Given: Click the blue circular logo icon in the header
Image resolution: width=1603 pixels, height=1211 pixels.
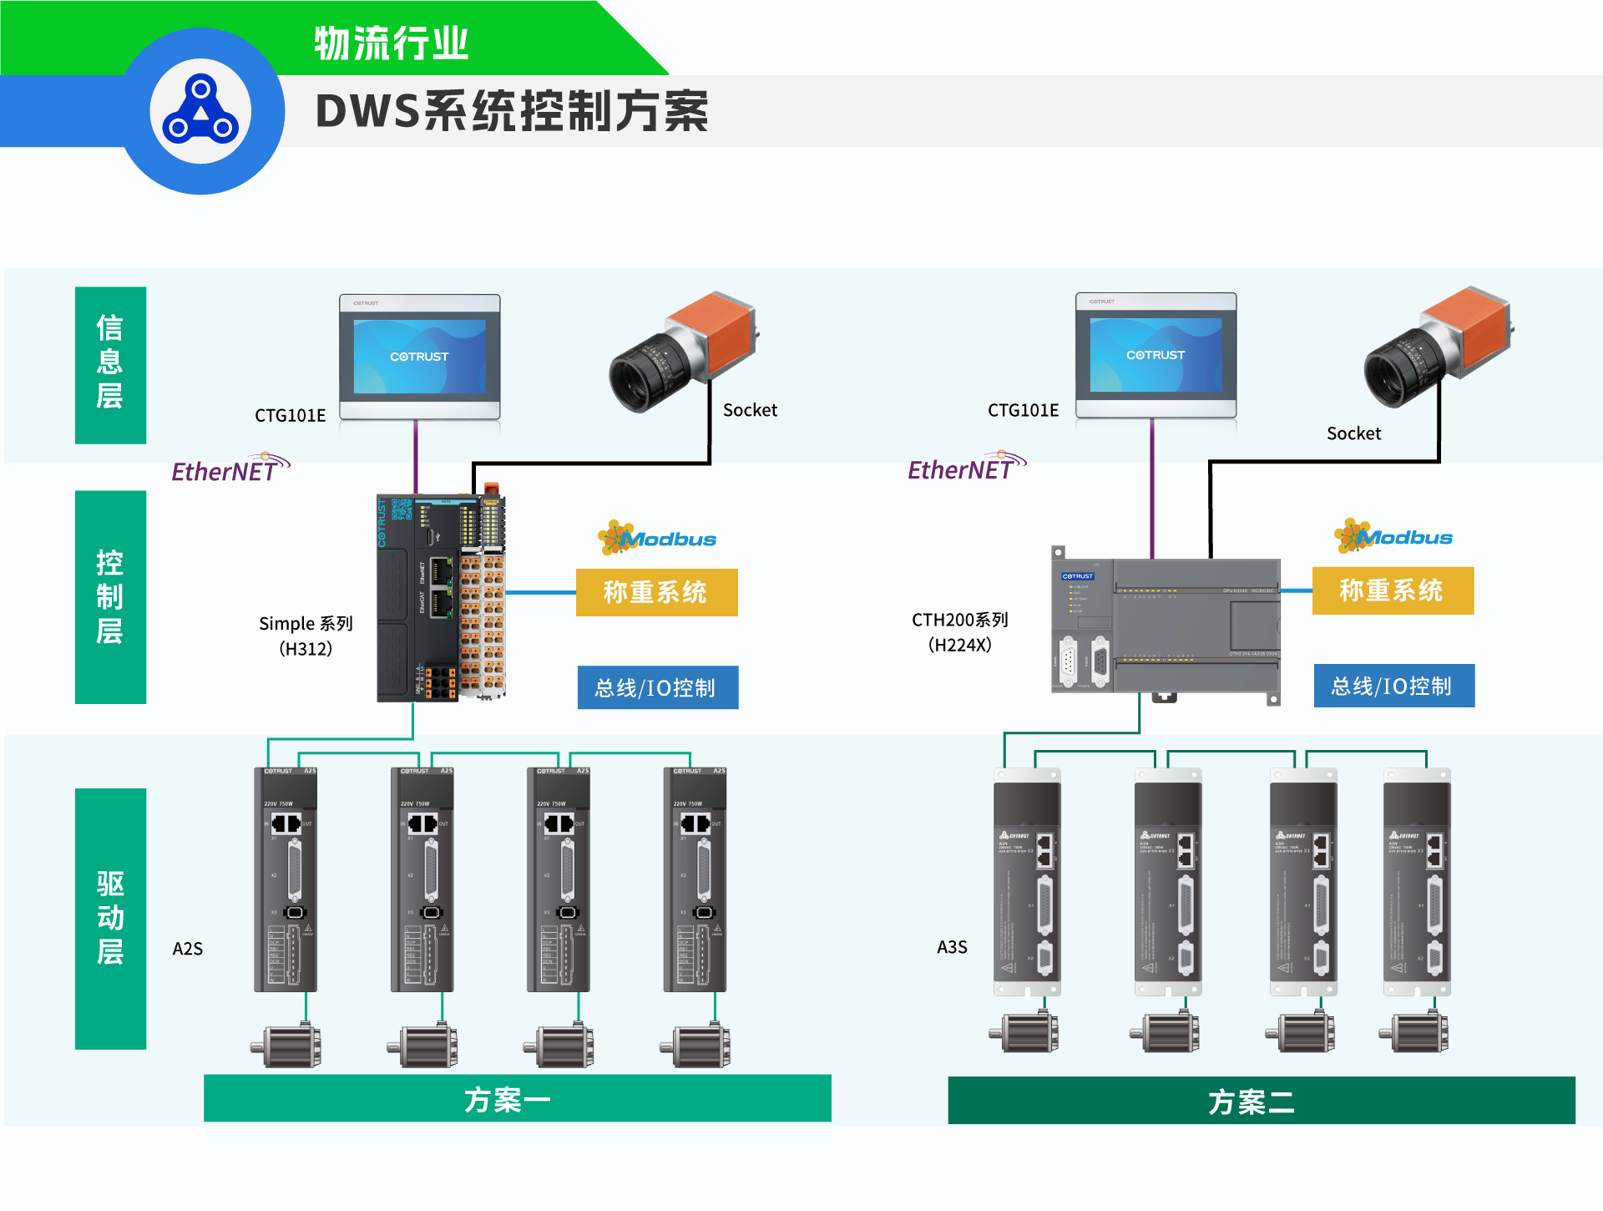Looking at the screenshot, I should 200,110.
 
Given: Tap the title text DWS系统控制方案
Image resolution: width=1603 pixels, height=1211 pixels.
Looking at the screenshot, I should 512,112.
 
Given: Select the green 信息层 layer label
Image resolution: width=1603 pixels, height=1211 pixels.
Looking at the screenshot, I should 110,364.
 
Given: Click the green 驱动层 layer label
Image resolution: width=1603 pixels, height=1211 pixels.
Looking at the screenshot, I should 110,918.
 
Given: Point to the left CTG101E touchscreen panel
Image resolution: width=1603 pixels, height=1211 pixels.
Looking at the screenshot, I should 419,357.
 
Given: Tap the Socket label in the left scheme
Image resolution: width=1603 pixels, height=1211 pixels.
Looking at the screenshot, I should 750,410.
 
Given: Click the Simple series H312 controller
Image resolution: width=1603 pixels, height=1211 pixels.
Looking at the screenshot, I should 441,598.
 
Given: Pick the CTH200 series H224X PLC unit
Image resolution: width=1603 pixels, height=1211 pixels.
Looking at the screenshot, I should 1166,625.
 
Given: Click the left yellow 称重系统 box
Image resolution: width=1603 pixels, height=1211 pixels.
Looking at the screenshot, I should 656,592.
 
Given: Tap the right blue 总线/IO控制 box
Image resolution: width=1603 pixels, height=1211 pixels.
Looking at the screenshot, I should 1393,686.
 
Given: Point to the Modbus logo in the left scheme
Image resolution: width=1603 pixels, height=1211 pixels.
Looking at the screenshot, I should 657,538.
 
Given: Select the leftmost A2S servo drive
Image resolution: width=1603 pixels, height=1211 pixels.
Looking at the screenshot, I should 286,879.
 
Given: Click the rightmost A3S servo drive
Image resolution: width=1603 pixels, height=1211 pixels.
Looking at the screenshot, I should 1417,881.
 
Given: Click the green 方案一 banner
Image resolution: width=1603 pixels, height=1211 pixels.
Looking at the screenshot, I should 517,1098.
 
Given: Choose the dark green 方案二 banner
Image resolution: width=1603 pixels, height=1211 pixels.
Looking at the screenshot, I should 1261,1101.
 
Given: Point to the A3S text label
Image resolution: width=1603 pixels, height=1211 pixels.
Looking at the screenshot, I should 952,947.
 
